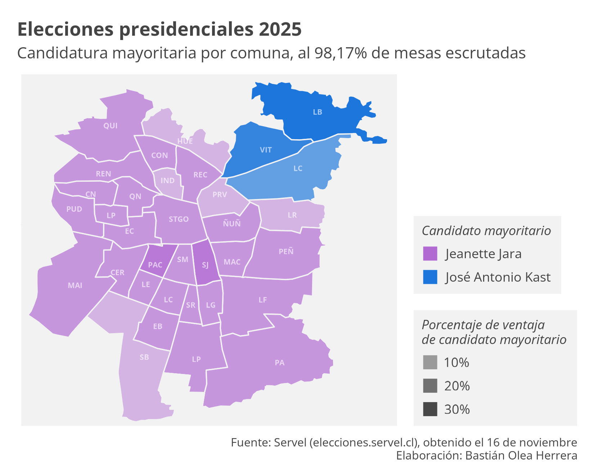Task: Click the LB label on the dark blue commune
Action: [317, 112]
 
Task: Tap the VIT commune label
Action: [266, 150]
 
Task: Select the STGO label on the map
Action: [179, 219]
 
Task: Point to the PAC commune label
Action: [155, 265]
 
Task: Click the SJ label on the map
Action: [205, 265]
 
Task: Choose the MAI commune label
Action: [75, 286]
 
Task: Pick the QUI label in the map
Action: [110, 126]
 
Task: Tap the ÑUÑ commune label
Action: [231, 224]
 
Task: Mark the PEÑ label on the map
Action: [286, 251]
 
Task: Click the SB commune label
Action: [144, 357]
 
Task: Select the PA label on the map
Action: [279, 363]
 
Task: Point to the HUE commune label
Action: [185, 141]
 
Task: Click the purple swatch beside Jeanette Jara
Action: [430, 254]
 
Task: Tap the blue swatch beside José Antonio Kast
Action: [430, 277]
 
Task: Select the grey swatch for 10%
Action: [430, 362]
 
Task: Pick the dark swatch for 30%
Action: [430, 409]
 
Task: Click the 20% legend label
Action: [457, 386]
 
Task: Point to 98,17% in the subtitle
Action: [340, 53]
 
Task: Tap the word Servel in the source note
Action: [290, 442]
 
